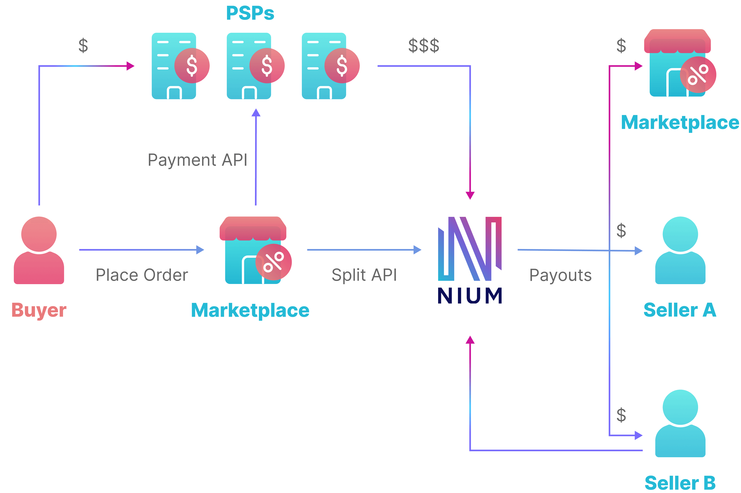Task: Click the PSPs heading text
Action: (x=250, y=13)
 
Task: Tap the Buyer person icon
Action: (x=39, y=250)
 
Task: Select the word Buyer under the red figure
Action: (x=39, y=310)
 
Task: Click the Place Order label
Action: (x=142, y=275)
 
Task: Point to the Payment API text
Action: (x=198, y=160)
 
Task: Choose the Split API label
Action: (x=364, y=275)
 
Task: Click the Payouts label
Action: (x=560, y=275)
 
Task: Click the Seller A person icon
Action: (x=680, y=250)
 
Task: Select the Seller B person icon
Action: (x=680, y=423)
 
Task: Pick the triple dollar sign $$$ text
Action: (x=424, y=46)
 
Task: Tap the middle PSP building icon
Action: (x=249, y=66)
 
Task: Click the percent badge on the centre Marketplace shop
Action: (x=274, y=262)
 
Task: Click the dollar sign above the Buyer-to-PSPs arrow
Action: (x=83, y=46)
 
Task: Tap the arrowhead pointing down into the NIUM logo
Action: (x=470, y=195)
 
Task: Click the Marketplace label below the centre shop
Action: (x=250, y=310)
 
